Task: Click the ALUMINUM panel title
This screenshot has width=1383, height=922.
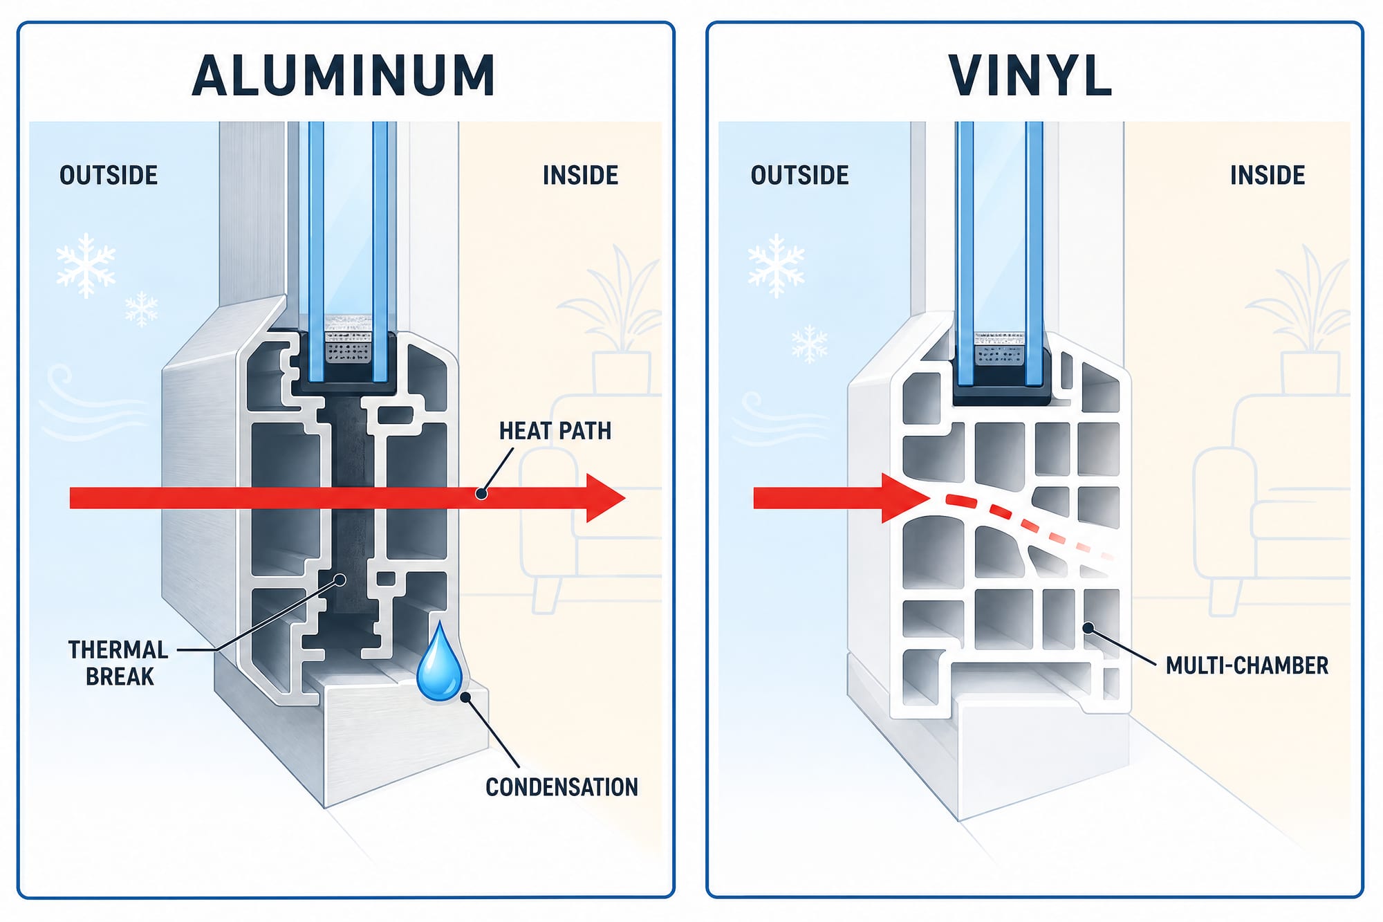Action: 344,75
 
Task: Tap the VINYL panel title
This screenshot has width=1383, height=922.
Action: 1030,75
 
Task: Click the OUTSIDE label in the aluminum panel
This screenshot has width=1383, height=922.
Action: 109,175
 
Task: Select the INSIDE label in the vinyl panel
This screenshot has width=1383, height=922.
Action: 1268,175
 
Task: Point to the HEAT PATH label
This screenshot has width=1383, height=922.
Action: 555,431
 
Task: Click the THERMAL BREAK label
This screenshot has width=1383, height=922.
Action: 118,663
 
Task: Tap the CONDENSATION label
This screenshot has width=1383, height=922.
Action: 561,787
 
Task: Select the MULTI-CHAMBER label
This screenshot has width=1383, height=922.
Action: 1247,665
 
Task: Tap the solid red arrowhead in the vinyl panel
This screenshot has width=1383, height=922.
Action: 904,498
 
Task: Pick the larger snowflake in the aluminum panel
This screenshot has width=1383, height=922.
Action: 86,266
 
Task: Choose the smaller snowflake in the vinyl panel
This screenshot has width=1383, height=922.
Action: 810,344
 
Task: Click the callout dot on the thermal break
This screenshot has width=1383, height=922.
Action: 340,580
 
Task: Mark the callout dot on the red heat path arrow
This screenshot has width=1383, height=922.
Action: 481,494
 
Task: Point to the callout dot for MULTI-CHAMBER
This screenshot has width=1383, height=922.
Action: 1088,628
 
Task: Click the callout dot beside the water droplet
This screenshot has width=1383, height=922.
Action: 465,697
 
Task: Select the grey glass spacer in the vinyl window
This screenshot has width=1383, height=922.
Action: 999,349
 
